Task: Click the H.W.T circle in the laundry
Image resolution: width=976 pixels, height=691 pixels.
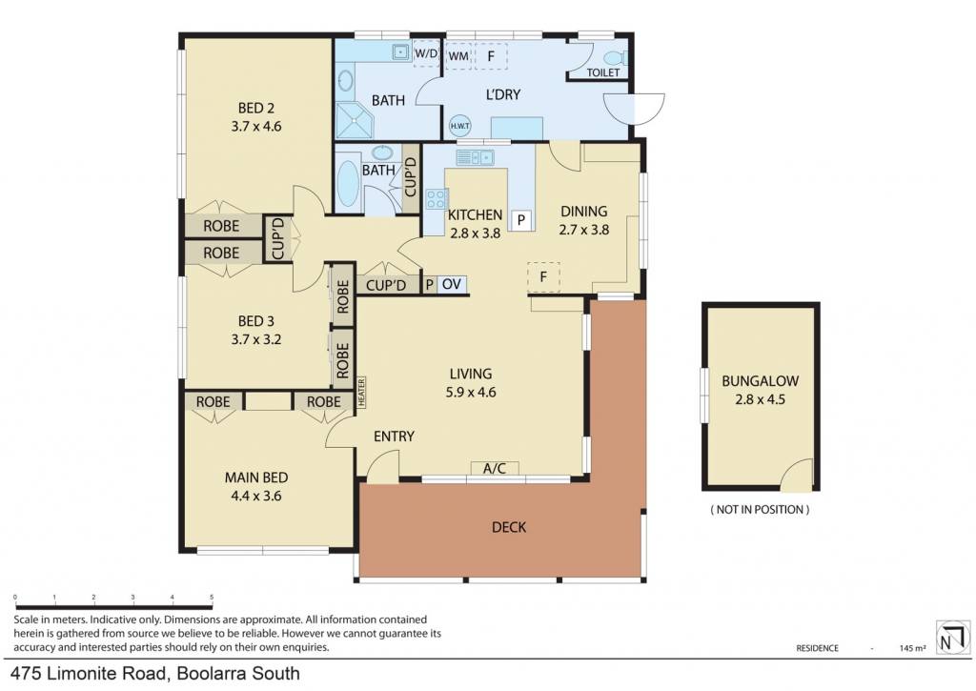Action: [460, 126]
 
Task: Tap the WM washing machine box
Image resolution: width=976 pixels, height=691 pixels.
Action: [458, 56]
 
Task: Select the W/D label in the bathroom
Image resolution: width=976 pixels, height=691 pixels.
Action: [426, 53]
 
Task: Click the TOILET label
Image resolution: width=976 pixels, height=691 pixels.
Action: [603, 72]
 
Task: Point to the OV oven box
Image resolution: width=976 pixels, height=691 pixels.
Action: [451, 284]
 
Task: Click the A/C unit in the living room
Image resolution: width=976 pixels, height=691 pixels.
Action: [495, 468]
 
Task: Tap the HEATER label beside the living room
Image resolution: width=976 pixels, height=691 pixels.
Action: [361, 392]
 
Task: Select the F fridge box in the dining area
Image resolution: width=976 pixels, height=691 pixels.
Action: [543, 276]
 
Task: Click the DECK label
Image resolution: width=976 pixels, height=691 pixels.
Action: [509, 527]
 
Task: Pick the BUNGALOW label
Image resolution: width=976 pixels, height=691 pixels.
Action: [760, 381]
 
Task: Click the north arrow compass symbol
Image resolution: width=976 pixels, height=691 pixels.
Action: [953, 637]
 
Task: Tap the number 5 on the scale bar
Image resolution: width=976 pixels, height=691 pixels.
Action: [212, 597]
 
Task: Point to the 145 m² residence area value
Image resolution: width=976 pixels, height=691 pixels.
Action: [912, 648]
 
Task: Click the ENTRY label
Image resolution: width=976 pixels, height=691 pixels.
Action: [394, 437]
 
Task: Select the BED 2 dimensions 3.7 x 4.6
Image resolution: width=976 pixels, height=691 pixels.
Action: [255, 127]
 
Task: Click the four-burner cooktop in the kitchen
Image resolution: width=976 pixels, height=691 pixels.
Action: [436, 198]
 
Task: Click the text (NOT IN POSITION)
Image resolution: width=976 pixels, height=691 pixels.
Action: [760, 509]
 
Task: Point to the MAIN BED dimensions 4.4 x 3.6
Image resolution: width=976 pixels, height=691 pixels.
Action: [255, 497]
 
